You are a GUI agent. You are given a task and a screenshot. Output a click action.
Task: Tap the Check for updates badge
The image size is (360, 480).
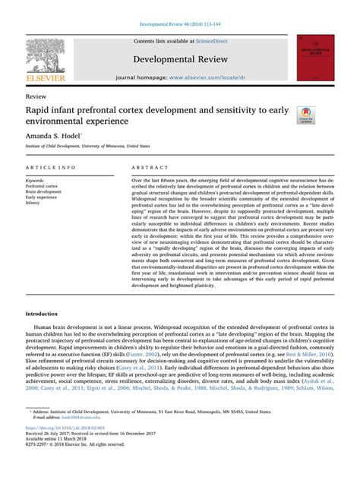pyautogui.click(x=306, y=115)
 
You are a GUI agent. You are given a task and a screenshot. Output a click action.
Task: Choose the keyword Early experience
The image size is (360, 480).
pyautogui.click(x=43, y=197)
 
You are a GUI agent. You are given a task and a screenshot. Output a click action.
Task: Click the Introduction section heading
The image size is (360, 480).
pyautogui.click(x=46, y=335)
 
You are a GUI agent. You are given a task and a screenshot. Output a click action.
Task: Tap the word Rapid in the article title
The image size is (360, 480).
pyautogui.click(x=38, y=111)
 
